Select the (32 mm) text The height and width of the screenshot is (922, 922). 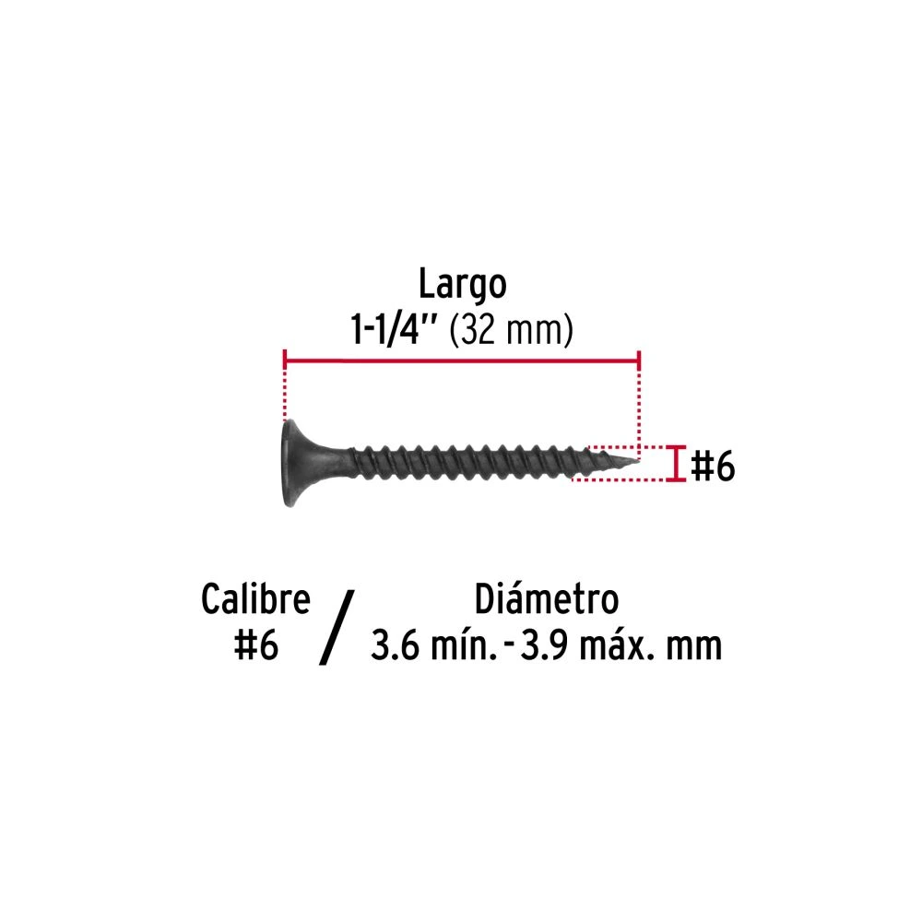(511, 330)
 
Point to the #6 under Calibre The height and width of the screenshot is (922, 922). (255, 645)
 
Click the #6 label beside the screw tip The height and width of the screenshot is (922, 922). (713, 467)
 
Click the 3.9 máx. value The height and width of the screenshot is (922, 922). (586, 645)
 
